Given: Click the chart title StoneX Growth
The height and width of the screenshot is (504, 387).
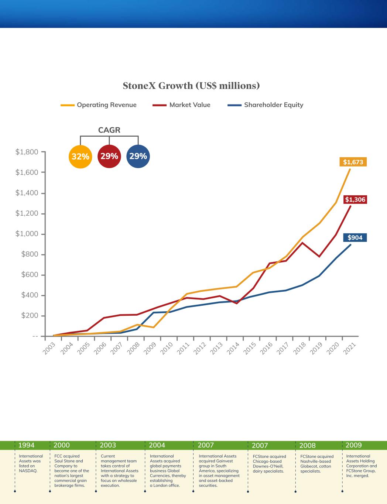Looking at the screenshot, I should [191, 86].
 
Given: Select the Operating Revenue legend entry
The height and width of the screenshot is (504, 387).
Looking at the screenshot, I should [106, 105].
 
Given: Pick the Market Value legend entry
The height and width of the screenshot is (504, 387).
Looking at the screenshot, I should [190, 105].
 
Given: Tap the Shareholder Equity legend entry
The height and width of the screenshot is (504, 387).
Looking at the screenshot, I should [273, 105].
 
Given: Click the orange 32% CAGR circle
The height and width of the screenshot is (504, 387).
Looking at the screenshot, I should [81, 157].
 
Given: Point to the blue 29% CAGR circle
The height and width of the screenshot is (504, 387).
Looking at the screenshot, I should [138, 156].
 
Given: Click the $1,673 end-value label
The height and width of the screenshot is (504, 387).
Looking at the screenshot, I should [353, 162].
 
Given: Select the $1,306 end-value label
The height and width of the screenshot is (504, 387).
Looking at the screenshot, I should [355, 200].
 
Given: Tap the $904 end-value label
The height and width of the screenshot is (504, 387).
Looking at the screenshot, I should [355, 238].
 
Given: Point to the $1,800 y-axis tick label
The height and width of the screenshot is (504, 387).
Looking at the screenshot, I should [27, 152].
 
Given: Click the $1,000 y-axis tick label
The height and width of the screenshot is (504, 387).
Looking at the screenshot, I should [27, 234].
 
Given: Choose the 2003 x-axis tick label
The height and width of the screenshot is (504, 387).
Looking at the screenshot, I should [49, 348].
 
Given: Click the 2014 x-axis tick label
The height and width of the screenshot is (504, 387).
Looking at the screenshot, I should [233, 348].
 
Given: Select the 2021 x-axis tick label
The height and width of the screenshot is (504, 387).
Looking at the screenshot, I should [350, 348].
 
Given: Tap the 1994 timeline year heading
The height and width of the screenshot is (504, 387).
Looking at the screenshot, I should [26, 445].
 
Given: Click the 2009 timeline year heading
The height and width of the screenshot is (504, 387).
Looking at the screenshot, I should [354, 445].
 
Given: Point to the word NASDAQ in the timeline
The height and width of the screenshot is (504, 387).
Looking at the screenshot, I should [28, 471].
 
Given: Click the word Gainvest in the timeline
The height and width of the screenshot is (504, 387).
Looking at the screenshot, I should [225, 461].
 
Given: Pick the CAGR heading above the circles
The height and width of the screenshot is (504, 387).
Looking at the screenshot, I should [109, 130].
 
